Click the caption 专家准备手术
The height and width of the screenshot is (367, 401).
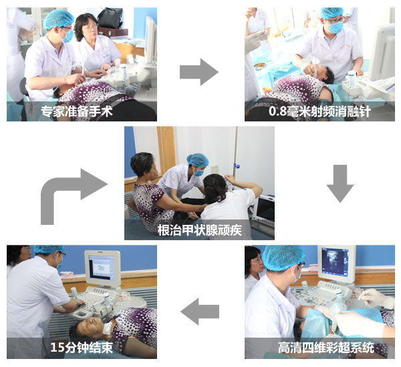tap(77, 111)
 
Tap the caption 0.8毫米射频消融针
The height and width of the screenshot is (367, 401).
tap(319, 111)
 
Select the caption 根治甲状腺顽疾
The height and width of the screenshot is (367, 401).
tap(199, 230)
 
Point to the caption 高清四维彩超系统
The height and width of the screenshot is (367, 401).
tap(326, 348)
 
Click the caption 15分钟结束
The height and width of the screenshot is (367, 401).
tap(82, 348)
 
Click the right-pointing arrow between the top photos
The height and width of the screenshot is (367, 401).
tap(199, 72)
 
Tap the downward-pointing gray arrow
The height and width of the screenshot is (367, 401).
tap(340, 183)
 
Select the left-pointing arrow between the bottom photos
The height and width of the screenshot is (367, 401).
tap(200, 312)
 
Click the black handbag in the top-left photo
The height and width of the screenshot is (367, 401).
tap(110, 18)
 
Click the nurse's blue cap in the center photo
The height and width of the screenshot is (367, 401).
tap(198, 160)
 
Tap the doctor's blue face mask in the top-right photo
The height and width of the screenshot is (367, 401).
tap(336, 27)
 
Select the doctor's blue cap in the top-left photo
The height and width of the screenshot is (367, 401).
tap(58, 19)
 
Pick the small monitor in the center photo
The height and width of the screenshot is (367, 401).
tap(265, 210)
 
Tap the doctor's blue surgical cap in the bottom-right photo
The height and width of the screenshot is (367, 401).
tap(283, 258)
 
